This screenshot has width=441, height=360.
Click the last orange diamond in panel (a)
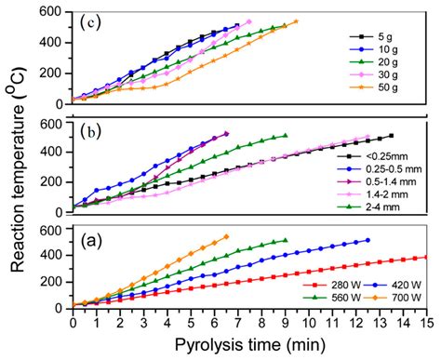(226, 236)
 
